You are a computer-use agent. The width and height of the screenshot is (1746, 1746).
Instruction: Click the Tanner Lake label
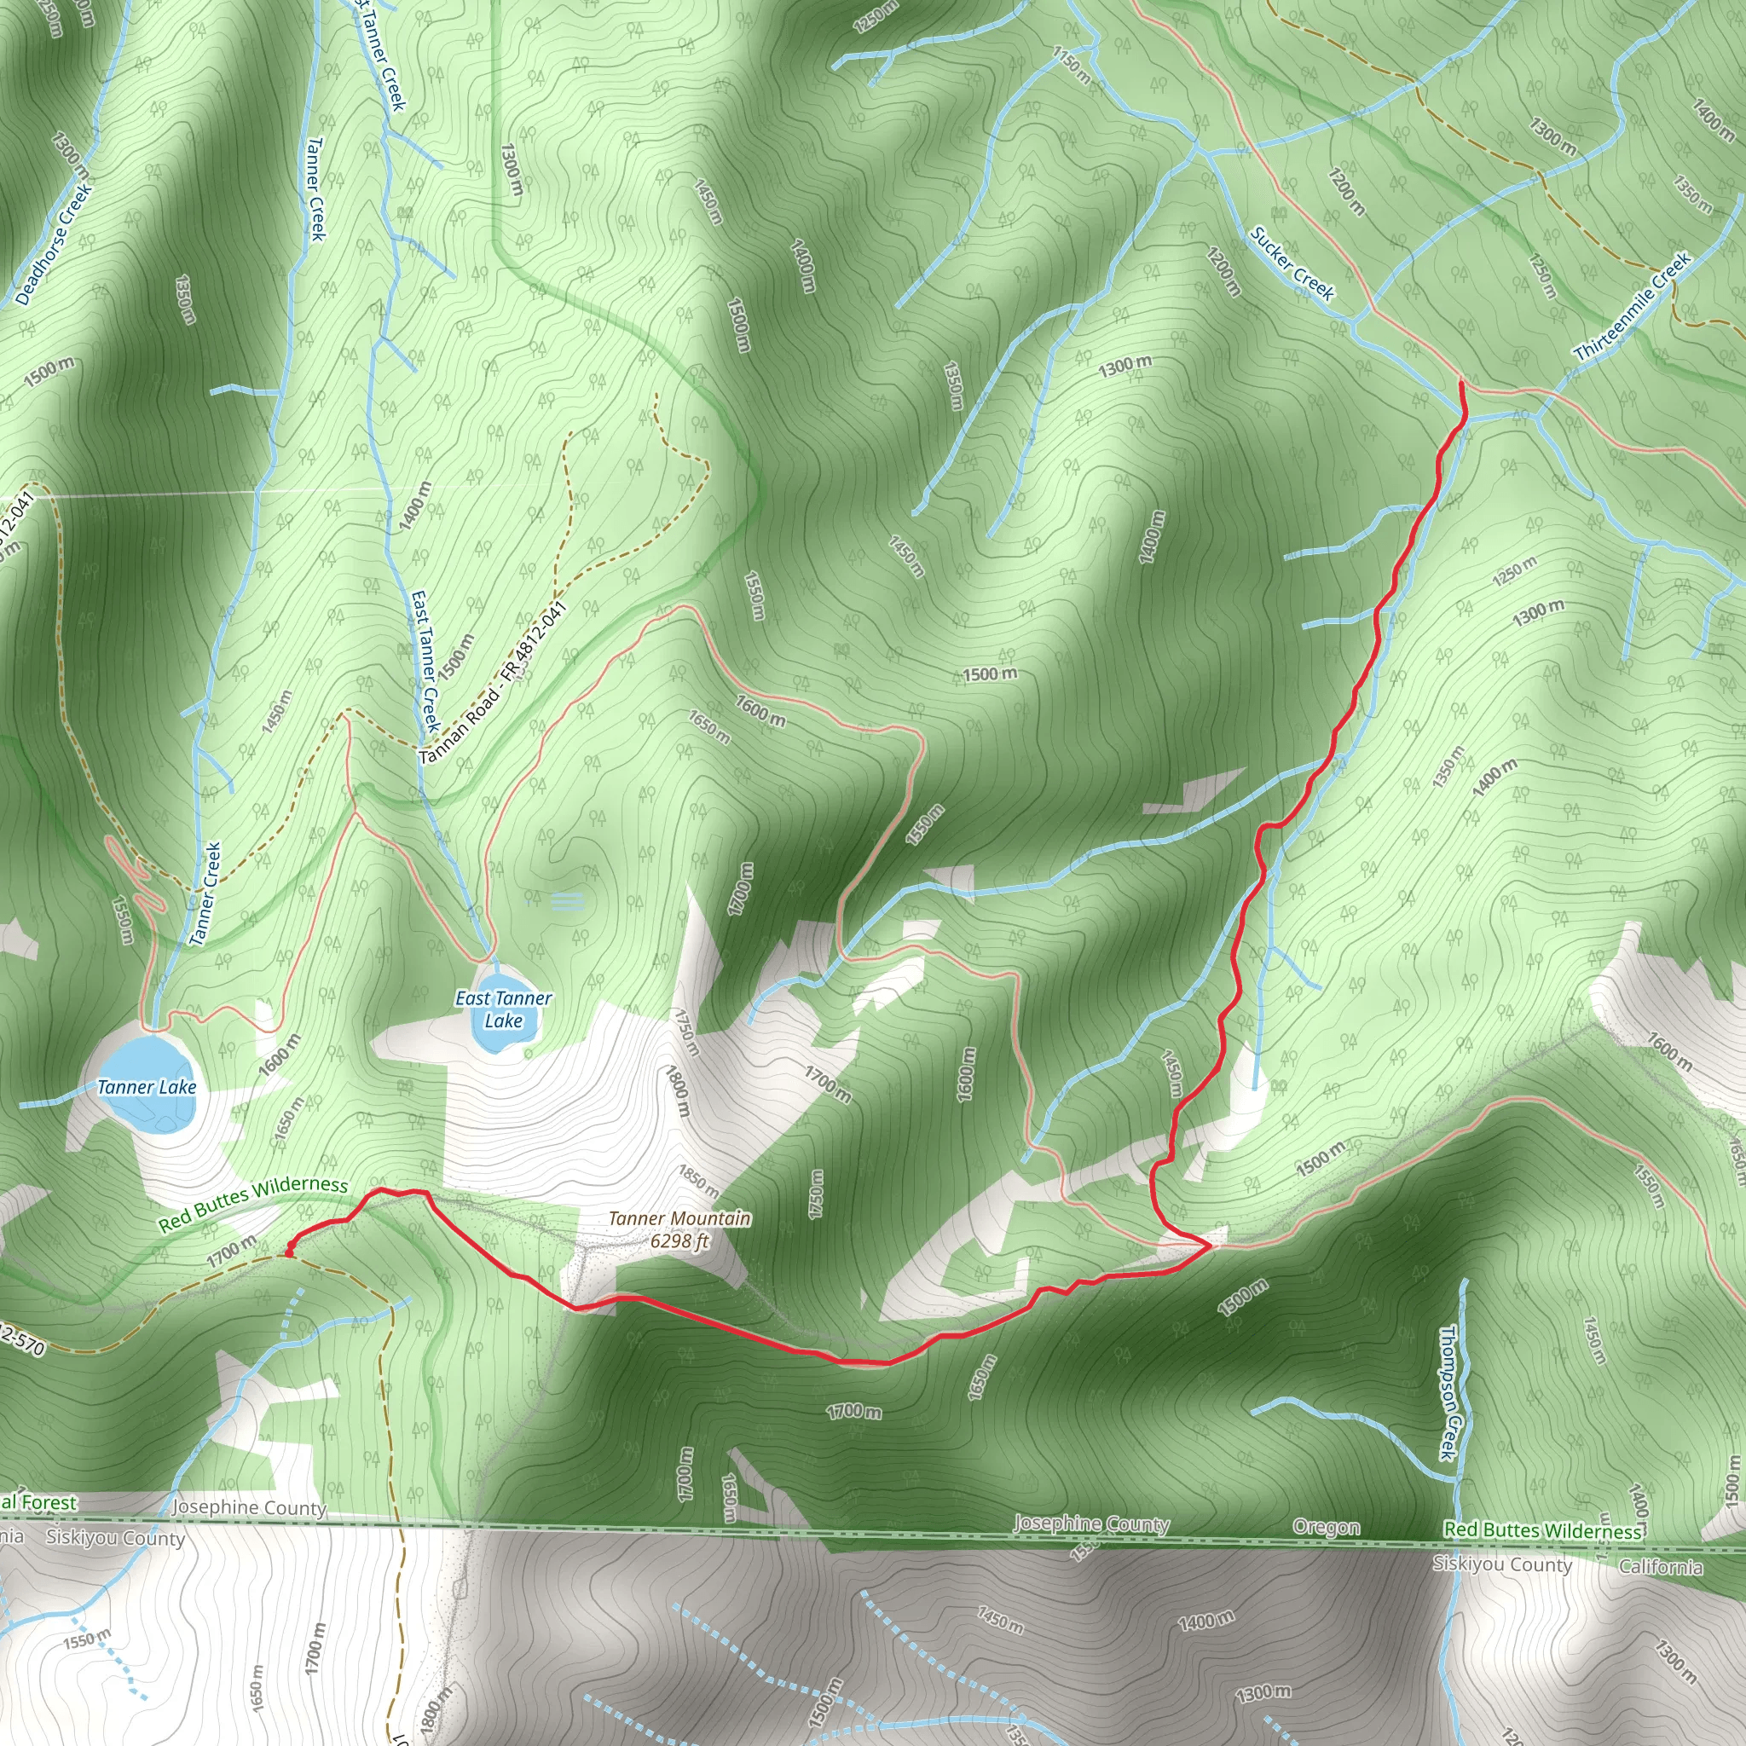(147, 1086)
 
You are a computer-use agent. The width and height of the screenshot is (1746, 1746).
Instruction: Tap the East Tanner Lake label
(503, 1009)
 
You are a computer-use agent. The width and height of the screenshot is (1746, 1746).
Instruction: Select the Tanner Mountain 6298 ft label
(679, 1229)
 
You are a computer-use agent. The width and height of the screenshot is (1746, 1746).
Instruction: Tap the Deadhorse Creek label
(55, 244)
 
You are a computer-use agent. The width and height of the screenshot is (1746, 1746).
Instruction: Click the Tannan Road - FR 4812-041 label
(494, 682)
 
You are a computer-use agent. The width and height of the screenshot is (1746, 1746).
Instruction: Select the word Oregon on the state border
(1326, 1526)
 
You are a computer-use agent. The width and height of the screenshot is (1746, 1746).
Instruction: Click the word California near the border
(1660, 1566)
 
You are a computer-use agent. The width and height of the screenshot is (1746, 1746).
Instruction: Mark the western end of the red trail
(287, 1253)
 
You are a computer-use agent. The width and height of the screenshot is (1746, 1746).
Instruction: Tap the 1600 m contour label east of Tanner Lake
(278, 1055)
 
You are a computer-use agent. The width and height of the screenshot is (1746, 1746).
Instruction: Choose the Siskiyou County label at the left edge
(116, 1537)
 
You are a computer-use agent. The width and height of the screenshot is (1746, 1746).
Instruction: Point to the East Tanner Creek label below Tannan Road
(425, 662)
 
